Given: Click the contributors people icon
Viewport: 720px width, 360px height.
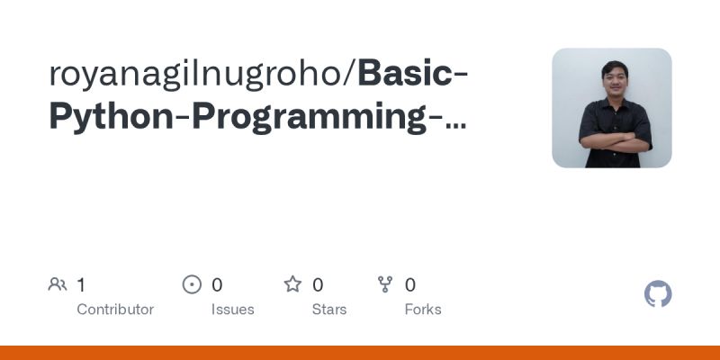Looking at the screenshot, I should pos(58,285).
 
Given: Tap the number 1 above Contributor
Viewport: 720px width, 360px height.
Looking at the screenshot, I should pos(81,285).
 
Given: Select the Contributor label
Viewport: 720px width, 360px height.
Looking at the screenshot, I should pos(115,310).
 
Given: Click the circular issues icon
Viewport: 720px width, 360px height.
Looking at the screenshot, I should pos(192,285).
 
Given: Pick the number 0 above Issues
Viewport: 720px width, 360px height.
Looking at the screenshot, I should pos(217,285).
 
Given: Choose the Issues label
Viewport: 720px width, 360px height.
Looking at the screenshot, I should pos(232,310).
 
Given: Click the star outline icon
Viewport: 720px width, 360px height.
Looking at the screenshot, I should pos(292,285).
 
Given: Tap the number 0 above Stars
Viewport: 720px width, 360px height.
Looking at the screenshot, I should pos(318,285).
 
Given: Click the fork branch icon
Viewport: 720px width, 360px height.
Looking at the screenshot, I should pos(385,285).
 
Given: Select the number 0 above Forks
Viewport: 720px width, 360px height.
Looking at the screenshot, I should pos(410,285).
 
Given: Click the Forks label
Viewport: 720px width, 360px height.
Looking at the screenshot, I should pos(423,310).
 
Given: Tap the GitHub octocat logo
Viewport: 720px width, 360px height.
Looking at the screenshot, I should pos(659,294).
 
